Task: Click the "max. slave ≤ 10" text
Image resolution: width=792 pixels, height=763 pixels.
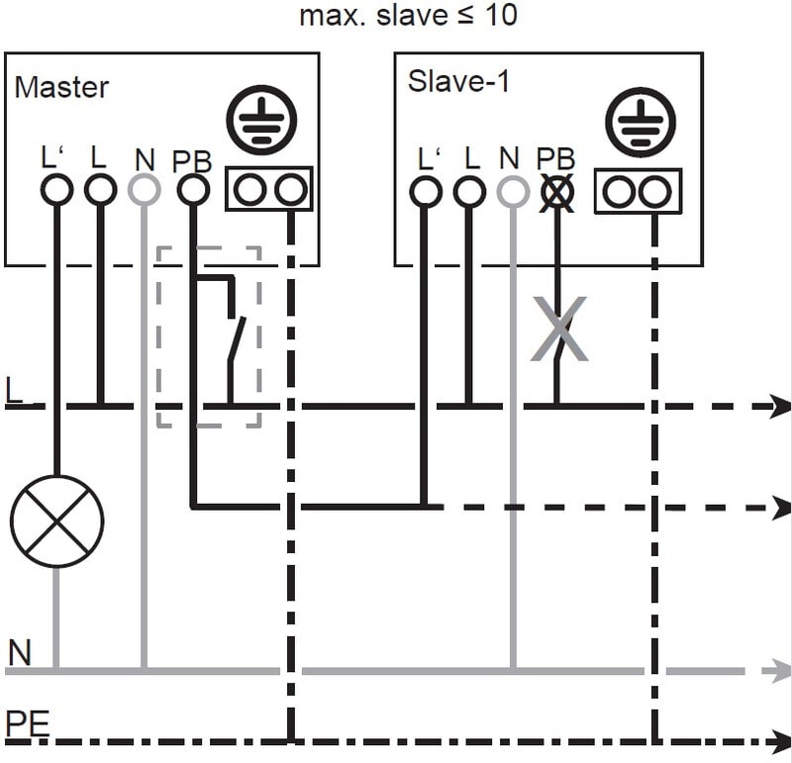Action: click(x=407, y=16)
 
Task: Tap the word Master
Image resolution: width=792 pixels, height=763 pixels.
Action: click(x=61, y=86)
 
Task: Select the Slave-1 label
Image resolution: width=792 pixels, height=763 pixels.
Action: click(x=458, y=81)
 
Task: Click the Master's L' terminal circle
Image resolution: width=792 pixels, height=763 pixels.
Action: click(x=57, y=189)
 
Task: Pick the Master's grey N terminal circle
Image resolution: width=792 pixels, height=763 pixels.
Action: click(x=145, y=189)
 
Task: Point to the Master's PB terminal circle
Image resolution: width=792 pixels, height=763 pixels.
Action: click(x=192, y=189)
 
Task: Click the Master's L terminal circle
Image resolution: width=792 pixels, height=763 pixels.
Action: click(x=100, y=189)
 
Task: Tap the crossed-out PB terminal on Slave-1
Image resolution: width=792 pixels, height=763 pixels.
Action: click(x=557, y=192)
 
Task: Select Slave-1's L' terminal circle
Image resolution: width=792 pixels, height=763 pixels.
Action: click(x=426, y=191)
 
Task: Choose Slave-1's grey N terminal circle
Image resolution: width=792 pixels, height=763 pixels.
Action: click(x=513, y=191)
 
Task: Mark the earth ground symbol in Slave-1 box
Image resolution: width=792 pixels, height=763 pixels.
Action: click(x=640, y=122)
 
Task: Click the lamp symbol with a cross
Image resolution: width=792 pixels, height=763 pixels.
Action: click(x=57, y=520)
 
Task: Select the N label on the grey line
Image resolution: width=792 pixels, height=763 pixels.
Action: click(x=20, y=653)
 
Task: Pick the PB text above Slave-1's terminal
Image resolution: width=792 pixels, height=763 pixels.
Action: click(x=555, y=158)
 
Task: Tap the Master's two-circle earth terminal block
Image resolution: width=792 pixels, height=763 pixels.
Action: click(x=269, y=189)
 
